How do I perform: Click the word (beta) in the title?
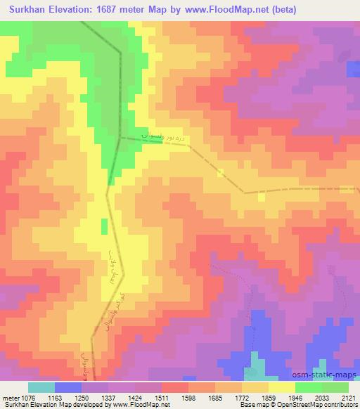click(280, 10)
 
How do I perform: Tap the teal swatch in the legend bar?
click(41, 387)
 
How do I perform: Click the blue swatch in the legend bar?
click(67, 387)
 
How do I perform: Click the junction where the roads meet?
click(120, 138)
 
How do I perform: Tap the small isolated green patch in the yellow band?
click(104, 226)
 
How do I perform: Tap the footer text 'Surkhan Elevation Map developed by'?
click(42, 405)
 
